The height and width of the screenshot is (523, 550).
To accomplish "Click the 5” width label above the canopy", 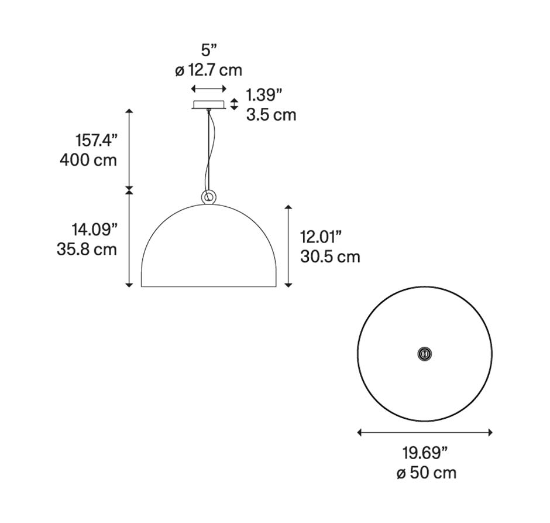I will point(209,49).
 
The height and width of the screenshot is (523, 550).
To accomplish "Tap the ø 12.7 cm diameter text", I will point(208,70).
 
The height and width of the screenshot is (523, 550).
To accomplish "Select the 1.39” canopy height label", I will point(264,95).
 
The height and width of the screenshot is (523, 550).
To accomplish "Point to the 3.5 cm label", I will point(271,115).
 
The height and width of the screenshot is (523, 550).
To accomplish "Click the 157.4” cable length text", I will point(97,140).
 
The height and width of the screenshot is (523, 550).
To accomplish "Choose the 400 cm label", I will point(88,160).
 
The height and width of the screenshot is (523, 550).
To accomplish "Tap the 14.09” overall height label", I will point(94,229).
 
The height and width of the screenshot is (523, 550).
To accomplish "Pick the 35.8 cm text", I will point(87,249).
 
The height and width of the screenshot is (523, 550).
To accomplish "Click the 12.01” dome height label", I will point(321,237).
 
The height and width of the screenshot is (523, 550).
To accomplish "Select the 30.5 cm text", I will point(330,257).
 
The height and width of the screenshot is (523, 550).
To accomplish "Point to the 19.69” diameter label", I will point(425,453).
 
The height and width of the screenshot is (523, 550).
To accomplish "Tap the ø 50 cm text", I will point(426,473).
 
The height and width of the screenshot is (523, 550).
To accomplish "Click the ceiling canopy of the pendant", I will point(209,105).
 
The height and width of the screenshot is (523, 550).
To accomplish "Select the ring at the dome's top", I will point(208,197).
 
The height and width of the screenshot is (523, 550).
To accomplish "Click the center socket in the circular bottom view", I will point(424,353).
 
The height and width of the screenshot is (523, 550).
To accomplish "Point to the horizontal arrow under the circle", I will point(425,433).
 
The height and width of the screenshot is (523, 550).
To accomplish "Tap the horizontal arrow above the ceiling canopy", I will point(209,89).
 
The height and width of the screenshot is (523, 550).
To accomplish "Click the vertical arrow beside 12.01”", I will point(288,246).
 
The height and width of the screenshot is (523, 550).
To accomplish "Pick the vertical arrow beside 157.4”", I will point(129,149).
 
